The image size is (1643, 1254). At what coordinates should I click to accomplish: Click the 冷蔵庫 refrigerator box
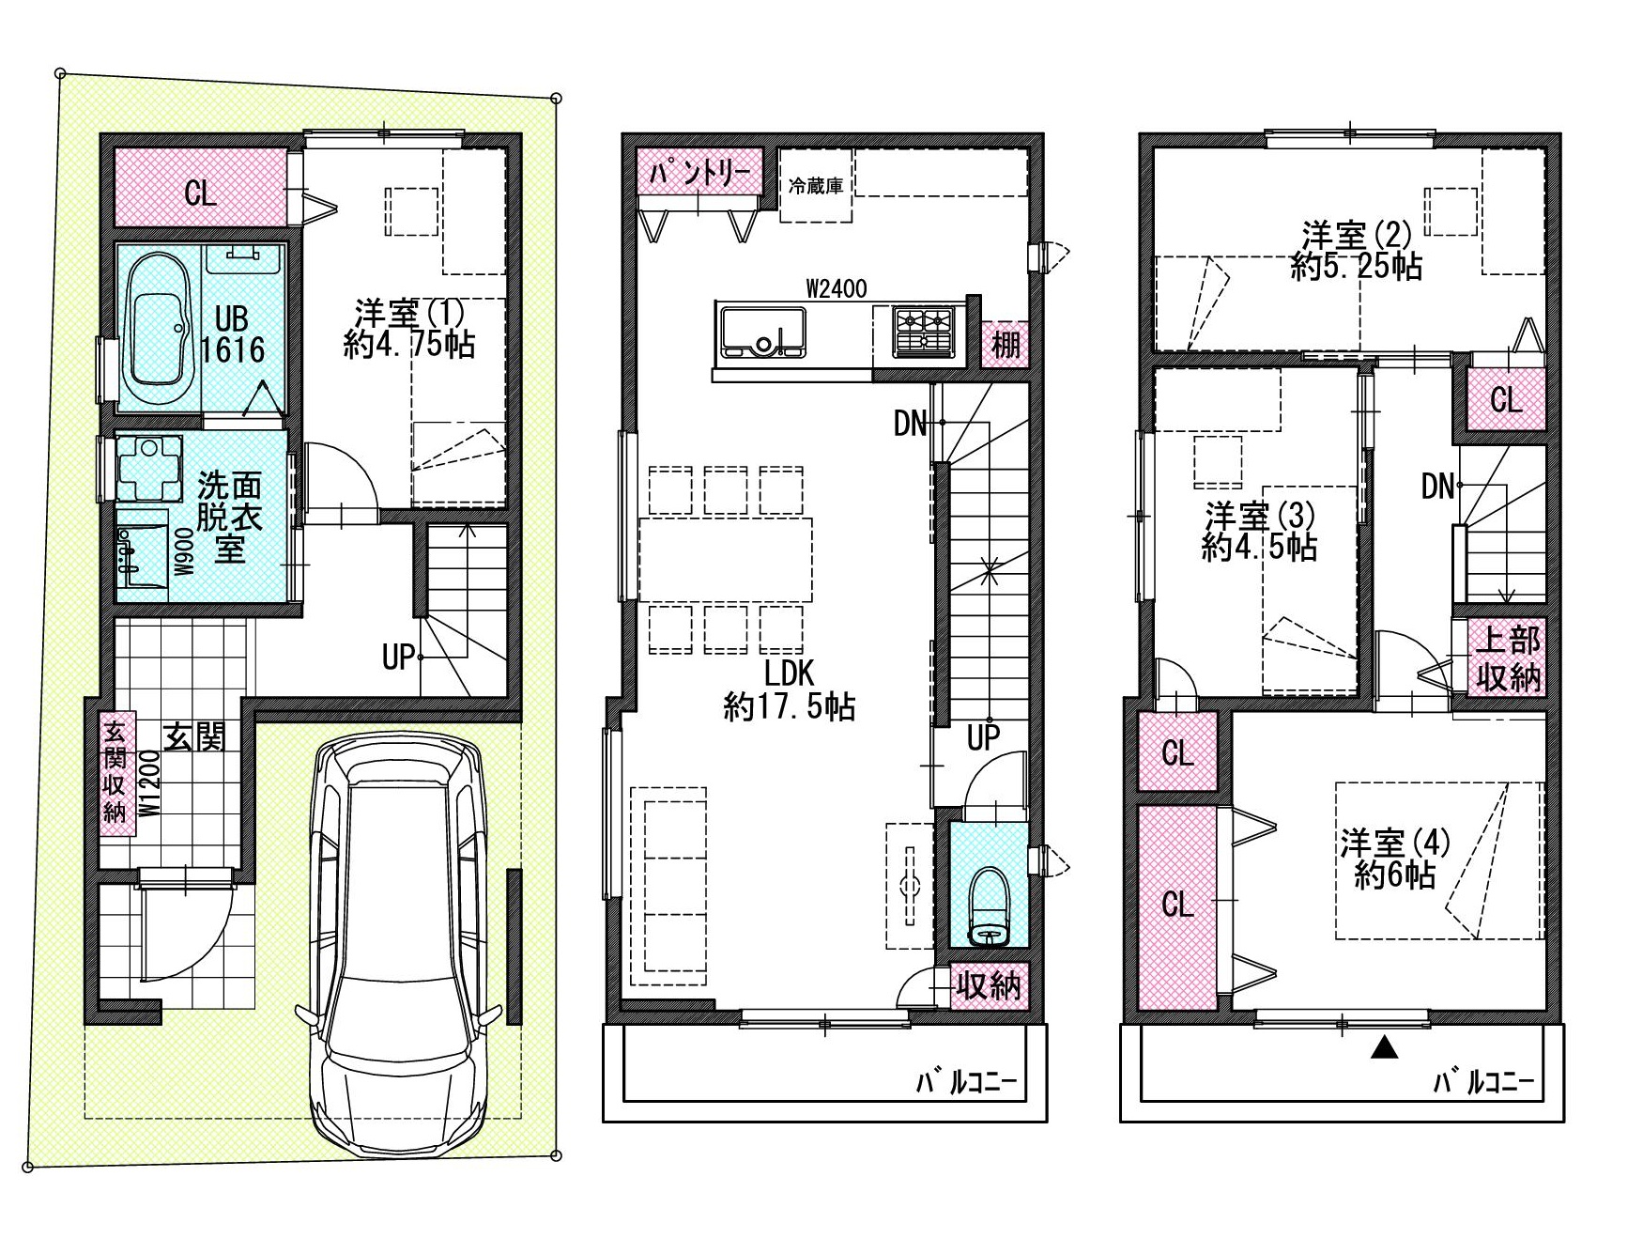pos(816,185)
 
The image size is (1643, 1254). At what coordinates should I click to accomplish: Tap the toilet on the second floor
pos(989,906)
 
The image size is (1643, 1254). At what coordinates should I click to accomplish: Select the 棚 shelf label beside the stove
pos(1006,344)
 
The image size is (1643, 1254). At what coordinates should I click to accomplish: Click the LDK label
pos(789,673)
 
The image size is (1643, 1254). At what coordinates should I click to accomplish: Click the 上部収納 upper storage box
pos(1507,658)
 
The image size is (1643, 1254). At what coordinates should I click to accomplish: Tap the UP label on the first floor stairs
pos(398,658)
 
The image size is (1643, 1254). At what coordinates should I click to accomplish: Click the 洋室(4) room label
pos(1394,842)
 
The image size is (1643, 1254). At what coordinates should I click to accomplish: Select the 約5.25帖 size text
pos(1356,267)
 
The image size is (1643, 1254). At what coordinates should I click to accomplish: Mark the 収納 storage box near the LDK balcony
pos(989,985)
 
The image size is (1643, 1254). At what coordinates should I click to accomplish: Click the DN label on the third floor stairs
pos(1437,487)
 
